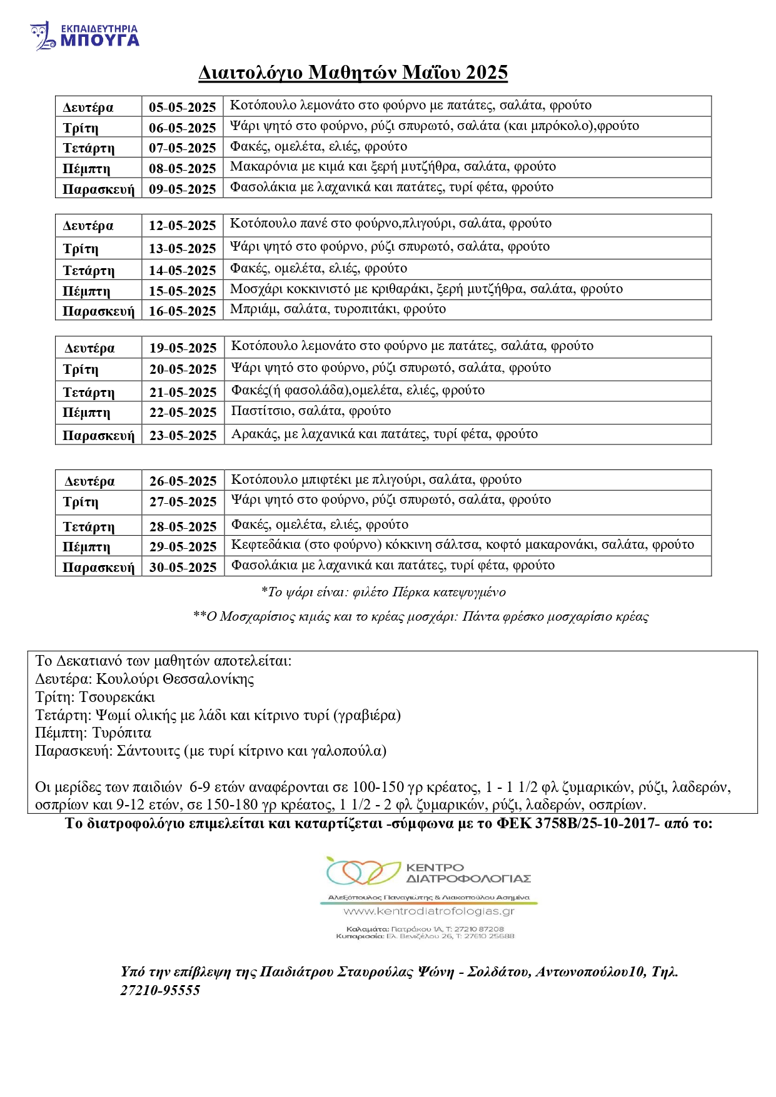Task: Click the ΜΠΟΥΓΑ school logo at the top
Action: coord(84,36)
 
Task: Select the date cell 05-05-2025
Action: coord(182,108)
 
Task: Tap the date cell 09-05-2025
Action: coord(182,189)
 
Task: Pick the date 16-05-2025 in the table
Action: coord(182,311)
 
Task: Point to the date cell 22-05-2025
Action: coord(183,413)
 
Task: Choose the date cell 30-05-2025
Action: coord(183,568)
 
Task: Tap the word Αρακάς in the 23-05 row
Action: coord(255,434)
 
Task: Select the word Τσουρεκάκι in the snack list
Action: coord(117,698)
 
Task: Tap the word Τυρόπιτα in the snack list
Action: coord(122,733)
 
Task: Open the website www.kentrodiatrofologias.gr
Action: coord(429,911)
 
